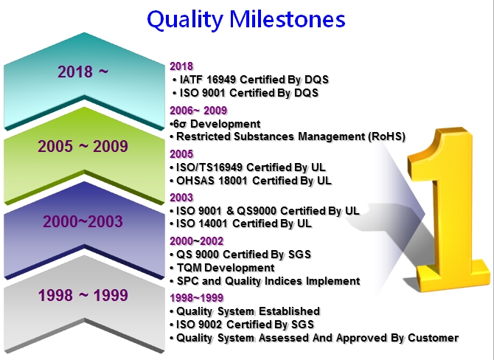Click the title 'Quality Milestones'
coord(246,19)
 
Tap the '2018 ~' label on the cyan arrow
coord(83,72)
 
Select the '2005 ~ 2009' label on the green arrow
coord(83,146)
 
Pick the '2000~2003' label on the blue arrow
coord(83,221)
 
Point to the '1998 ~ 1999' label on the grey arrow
coord(83,296)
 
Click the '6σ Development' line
coord(215,123)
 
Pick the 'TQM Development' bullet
coord(225,268)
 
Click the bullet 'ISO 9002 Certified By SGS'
coord(246,325)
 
